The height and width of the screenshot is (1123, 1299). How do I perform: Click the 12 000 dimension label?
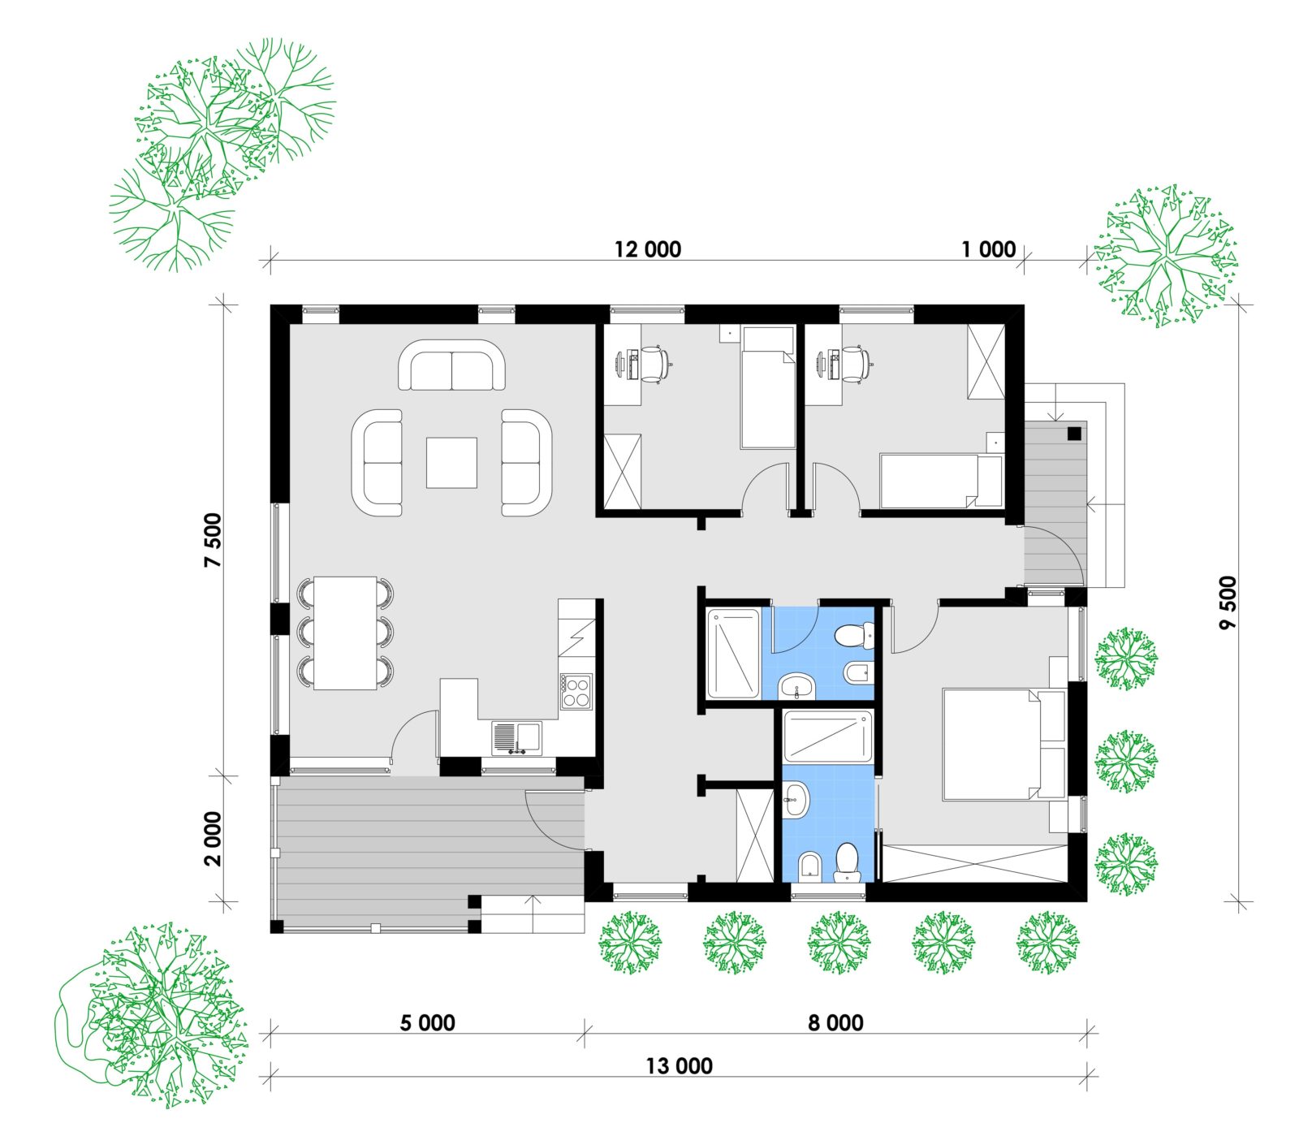[x=647, y=249]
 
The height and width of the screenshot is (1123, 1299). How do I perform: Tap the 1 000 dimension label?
[x=988, y=249]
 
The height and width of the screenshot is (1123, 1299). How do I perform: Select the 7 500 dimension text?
[x=213, y=540]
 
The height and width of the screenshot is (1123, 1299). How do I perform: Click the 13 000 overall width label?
[x=679, y=1065]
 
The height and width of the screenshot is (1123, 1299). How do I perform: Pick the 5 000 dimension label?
[x=427, y=1022]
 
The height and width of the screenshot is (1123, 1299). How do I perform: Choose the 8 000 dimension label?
[x=835, y=1022]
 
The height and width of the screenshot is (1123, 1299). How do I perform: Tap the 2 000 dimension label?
[x=213, y=839]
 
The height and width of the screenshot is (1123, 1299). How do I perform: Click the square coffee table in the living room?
[x=451, y=462]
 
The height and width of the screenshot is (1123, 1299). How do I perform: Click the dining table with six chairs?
[x=345, y=633]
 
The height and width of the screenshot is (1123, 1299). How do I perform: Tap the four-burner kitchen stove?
[x=576, y=691]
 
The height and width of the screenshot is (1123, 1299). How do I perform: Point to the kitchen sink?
[x=516, y=737]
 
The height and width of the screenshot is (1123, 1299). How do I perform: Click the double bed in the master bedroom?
[x=1003, y=745]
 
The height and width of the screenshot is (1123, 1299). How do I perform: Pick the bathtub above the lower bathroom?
[x=827, y=736]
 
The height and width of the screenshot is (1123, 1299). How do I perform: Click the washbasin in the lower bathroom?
[x=797, y=800]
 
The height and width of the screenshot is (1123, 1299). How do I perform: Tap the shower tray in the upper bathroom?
[x=733, y=653]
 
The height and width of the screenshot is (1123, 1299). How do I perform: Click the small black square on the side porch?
[x=1075, y=433]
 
